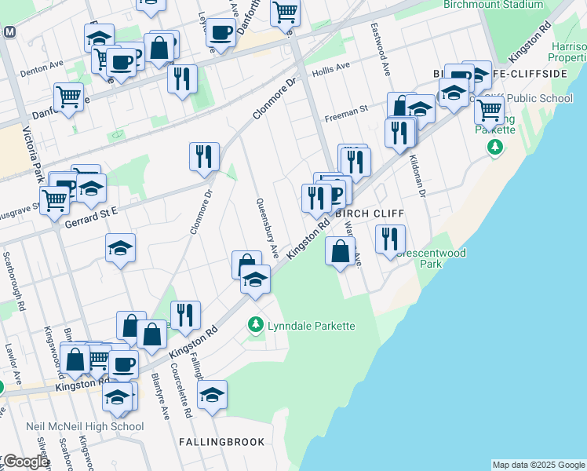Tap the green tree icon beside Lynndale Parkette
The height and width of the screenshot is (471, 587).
coord(255,323)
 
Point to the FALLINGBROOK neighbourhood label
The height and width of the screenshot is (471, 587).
coord(222,442)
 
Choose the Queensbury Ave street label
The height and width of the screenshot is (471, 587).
coord(267,228)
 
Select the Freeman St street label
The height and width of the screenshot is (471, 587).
coord(346,115)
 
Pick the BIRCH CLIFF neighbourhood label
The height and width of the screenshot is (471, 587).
coord(359,213)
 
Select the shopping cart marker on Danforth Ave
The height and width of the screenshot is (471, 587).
coord(68,98)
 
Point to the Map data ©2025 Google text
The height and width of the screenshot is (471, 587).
coord(538,465)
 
